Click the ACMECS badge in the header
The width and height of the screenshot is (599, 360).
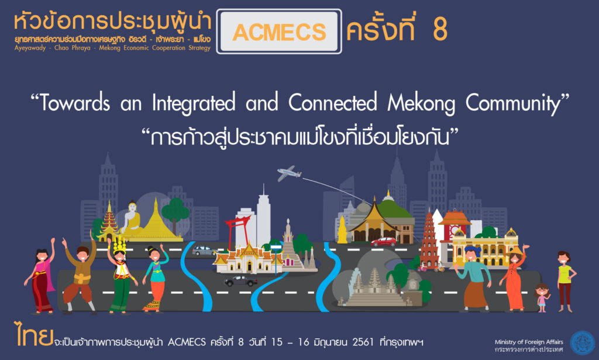click(279, 32)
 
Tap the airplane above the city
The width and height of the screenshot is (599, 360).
click(289, 173)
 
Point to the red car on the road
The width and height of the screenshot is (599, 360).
click(384, 242)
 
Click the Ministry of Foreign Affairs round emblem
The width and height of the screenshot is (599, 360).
click(582, 343)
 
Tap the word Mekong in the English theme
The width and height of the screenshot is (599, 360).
click(421, 103)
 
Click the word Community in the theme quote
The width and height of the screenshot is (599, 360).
click(512, 104)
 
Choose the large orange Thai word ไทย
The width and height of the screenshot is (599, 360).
click(33, 334)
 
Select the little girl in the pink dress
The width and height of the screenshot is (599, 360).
click(542, 298)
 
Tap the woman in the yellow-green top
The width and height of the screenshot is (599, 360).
click(565, 282)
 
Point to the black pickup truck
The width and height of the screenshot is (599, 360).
click(240, 281)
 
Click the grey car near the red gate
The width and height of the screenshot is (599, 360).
click(204, 251)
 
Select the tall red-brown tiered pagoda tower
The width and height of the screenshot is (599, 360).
click(429, 239)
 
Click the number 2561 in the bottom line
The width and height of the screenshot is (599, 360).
click(363, 342)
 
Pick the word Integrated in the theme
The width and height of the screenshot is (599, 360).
click(194, 103)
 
